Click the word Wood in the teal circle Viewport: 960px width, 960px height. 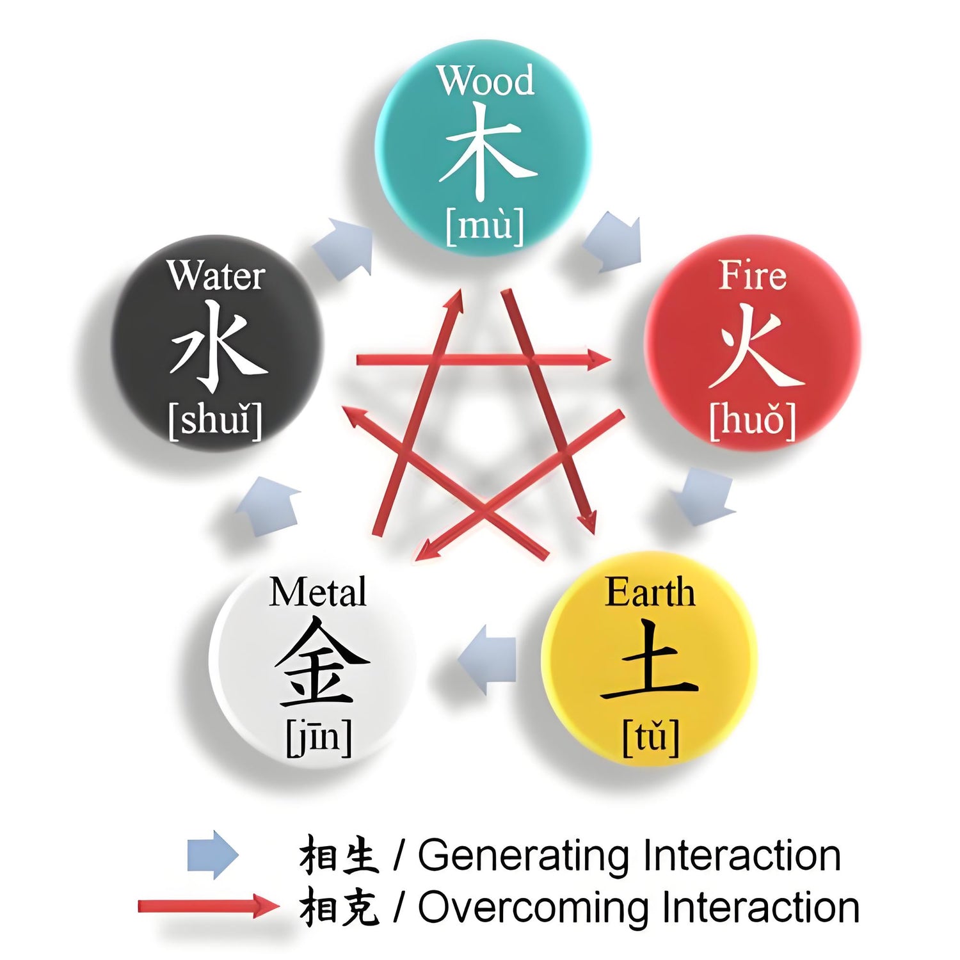click(x=486, y=81)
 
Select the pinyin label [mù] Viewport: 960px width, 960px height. click(x=485, y=225)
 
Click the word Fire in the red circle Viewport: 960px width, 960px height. click(x=752, y=275)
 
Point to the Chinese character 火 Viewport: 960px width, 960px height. click(x=756, y=346)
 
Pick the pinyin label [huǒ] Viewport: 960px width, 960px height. click(x=753, y=420)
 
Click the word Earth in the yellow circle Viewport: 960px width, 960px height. click(x=650, y=592)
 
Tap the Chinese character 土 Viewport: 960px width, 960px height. click(x=649, y=660)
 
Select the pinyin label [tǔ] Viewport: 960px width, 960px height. click(x=651, y=737)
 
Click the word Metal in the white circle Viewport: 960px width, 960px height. click(x=318, y=592)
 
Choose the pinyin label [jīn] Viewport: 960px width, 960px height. click(x=319, y=737)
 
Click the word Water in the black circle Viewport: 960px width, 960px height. click(x=216, y=275)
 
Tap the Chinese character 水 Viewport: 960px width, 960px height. click(x=218, y=346)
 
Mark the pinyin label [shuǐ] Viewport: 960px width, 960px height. click(x=216, y=420)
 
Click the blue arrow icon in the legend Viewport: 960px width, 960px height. click(x=212, y=855)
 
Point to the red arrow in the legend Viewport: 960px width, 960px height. click(x=209, y=906)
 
